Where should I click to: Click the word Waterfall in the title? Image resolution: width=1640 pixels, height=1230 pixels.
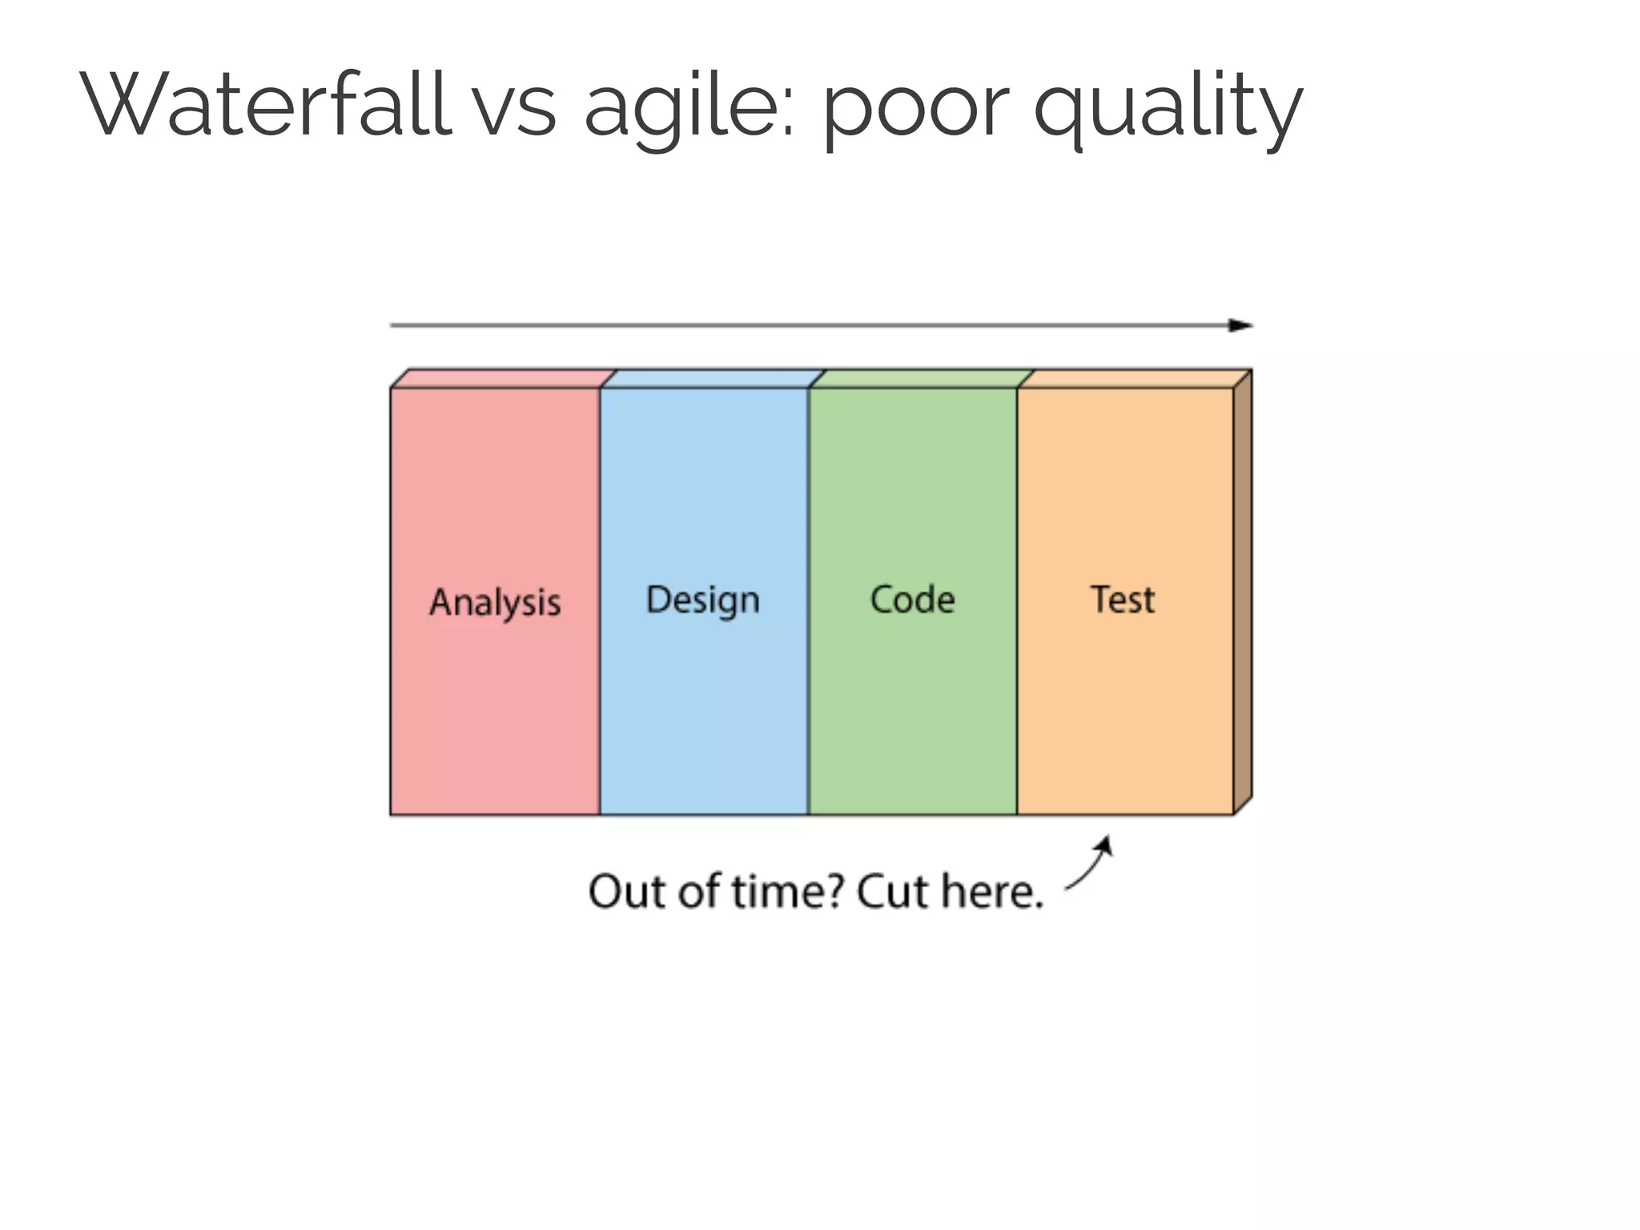(x=264, y=104)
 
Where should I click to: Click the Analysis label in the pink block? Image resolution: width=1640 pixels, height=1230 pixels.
(x=495, y=602)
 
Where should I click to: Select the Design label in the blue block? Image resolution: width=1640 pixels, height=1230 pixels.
(x=703, y=601)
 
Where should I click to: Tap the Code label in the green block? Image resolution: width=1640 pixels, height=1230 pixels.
(x=912, y=600)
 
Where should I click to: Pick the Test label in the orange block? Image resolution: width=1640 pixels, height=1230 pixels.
(x=1123, y=600)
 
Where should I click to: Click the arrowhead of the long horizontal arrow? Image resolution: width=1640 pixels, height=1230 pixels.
(x=1242, y=325)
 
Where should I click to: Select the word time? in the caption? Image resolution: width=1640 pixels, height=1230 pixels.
(x=788, y=891)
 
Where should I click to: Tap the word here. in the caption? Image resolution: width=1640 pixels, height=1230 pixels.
(x=992, y=891)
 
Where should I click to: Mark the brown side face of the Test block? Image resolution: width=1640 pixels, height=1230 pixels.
(x=1242, y=593)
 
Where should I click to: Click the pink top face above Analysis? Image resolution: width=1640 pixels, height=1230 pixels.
(x=503, y=379)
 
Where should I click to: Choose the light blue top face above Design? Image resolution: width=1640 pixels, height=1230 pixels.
(x=713, y=379)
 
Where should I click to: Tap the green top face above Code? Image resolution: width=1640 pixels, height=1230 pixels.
(x=921, y=379)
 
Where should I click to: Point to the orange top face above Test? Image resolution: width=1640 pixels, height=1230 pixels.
(x=1134, y=379)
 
